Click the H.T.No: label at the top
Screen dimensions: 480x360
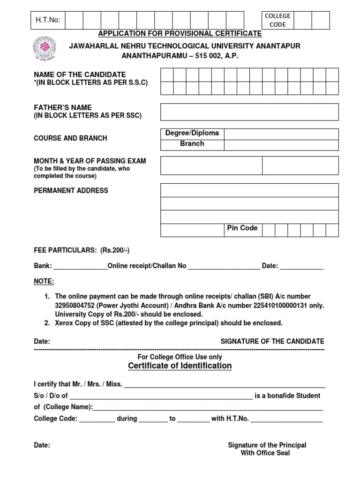tap(48, 20)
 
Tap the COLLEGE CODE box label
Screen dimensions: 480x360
tap(278, 20)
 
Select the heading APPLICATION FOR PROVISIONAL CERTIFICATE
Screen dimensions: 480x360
tap(180, 34)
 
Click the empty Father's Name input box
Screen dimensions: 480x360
tap(249, 112)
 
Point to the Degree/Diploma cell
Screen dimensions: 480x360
tap(192, 133)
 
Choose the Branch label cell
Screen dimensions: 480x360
tap(192, 144)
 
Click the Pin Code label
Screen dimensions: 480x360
tap(242, 228)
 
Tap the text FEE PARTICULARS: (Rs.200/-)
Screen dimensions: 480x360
tap(82, 250)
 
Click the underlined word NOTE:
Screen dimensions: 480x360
tap(44, 281)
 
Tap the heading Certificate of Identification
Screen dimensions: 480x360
tap(180, 366)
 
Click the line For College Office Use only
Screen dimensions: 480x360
tap(180, 357)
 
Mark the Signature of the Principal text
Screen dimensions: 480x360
tap(267, 445)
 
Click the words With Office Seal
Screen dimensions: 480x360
tap(265, 453)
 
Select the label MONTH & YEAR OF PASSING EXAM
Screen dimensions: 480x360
tap(90, 161)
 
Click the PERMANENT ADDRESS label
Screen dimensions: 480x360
tap(71, 190)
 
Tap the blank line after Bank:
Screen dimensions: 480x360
tap(81, 266)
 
